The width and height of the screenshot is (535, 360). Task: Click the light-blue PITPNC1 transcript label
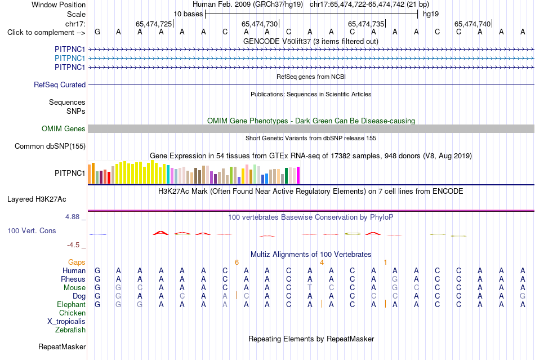pyautogui.click(x=70, y=59)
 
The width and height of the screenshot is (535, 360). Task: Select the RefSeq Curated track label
pyautogui.click(x=60, y=85)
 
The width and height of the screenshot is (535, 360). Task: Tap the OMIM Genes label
pyautogui.click(x=64, y=128)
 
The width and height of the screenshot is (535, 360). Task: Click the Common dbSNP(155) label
pyautogui.click(x=50, y=146)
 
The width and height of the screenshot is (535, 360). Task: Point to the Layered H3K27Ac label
pyautogui.click(x=37, y=199)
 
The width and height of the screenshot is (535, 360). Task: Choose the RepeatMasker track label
pyautogui.click(x=62, y=346)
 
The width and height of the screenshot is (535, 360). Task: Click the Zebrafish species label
pyautogui.click(x=70, y=330)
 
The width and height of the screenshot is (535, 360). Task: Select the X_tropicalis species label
pyautogui.click(x=66, y=322)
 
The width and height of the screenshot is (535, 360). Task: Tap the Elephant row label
pyautogui.click(x=71, y=304)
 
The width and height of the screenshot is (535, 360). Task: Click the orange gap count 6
pyautogui.click(x=237, y=263)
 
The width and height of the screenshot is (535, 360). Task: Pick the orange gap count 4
pyautogui.click(x=322, y=263)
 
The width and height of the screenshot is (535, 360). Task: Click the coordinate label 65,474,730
pyautogui.click(x=260, y=24)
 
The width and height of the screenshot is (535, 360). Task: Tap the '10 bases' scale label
pyautogui.click(x=188, y=14)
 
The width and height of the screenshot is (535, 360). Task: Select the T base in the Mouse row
pyautogui.click(x=310, y=288)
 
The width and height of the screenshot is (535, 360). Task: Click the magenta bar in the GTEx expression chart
pyautogui.click(x=298, y=175)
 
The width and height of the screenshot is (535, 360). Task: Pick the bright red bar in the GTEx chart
pyautogui.click(x=109, y=178)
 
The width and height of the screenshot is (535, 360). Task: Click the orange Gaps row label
pyautogui.click(x=77, y=262)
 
